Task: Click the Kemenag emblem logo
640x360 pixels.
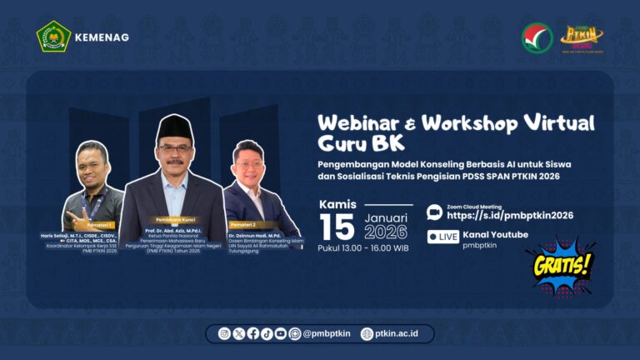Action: click(x=54, y=37)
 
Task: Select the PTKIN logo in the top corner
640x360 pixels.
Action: click(x=582, y=37)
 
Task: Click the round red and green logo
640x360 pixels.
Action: click(x=537, y=37)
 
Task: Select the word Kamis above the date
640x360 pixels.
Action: click(x=337, y=204)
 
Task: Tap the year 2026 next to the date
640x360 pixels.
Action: click(x=385, y=232)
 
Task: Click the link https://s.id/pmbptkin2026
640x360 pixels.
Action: click(x=510, y=215)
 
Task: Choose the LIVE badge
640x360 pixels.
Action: click(x=443, y=237)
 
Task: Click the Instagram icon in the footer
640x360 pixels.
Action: click(x=224, y=333)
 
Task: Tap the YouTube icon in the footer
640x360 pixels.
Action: click(x=281, y=333)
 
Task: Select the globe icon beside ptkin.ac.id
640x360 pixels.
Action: click(x=367, y=333)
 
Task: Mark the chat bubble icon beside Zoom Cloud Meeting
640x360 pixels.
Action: click(x=434, y=212)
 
